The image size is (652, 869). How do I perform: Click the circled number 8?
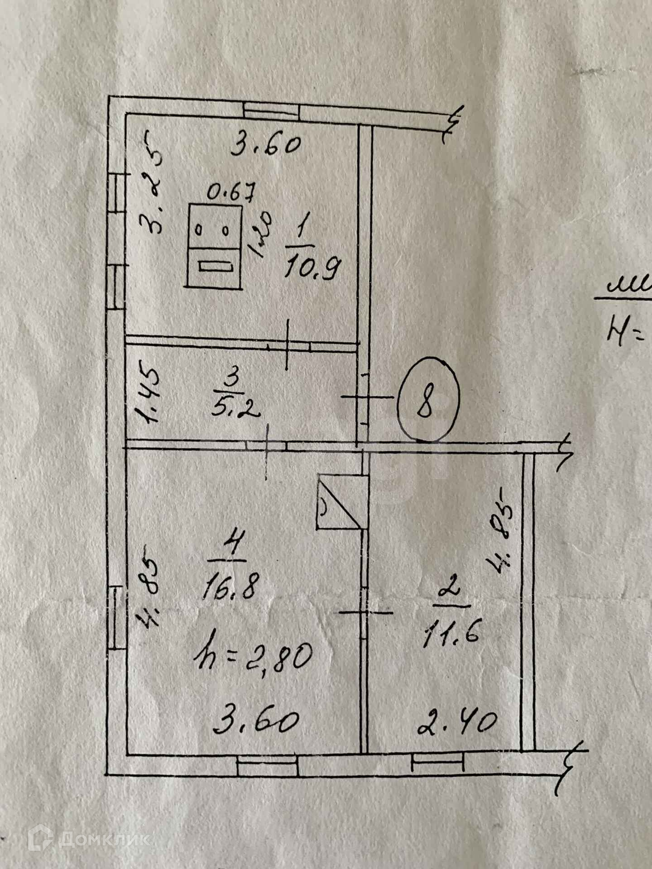[428, 399]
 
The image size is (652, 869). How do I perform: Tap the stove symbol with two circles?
[214, 245]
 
